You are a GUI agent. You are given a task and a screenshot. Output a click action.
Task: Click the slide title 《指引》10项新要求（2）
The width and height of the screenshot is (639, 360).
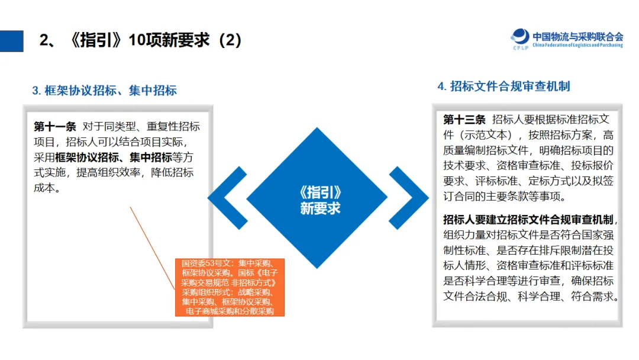[x=140, y=40]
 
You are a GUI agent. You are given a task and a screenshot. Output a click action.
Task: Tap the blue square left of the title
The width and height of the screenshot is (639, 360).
[x=12, y=41]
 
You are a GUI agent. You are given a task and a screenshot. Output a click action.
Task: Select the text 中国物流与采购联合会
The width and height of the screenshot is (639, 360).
[x=577, y=36]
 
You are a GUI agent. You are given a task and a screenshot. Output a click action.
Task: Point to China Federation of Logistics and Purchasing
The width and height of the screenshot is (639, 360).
[x=577, y=45]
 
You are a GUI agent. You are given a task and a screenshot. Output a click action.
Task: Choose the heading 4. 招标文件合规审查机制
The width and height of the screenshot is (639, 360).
[x=504, y=86]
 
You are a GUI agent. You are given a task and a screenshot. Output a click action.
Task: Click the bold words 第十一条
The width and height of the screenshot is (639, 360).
[x=55, y=126]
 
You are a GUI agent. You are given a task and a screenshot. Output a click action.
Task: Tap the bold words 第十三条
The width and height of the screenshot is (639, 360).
[x=464, y=119]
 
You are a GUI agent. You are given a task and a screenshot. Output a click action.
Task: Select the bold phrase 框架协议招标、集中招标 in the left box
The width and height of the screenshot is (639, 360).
[x=113, y=157]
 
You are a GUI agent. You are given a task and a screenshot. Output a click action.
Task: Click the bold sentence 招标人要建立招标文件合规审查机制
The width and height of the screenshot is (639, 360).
[x=528, y=219]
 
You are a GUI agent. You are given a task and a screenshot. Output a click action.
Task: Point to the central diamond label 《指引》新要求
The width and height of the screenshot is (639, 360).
[x=320, y=200]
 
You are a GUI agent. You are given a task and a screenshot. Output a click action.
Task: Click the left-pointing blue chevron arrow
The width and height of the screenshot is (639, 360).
[x=226, y=198]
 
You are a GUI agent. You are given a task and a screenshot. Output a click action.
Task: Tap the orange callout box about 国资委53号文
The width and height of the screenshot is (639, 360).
[x=230, y=287]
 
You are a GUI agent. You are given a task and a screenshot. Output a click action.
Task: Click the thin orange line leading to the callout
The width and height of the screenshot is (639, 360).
[x=152, y=246]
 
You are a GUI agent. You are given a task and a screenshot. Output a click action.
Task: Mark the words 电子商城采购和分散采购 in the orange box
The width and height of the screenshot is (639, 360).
[x=230, y=311]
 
